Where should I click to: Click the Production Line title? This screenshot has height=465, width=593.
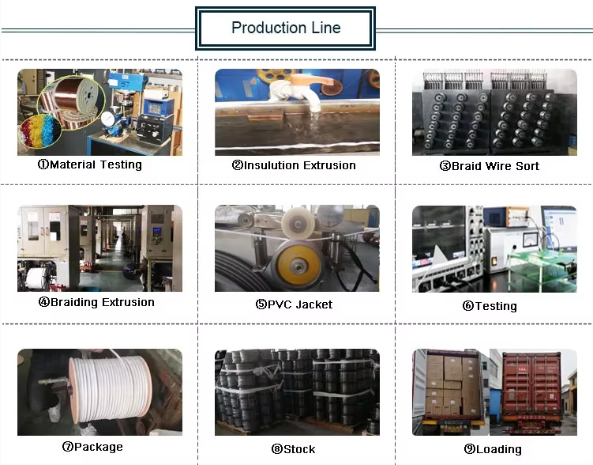click(286, 28)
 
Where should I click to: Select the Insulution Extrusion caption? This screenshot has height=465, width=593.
click(294, 165)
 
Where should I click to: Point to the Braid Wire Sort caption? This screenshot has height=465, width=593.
click(490, 166)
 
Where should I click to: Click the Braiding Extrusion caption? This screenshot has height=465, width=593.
click(96, 302)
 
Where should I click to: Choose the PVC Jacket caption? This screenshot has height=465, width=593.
click(294, 304)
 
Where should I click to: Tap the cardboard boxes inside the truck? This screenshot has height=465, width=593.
click(446, 387)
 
